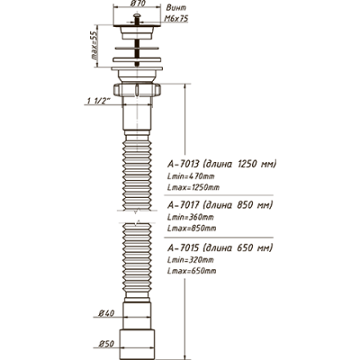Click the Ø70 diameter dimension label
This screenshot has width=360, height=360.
click(x=139, y=5)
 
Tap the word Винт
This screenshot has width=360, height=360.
click(x=176, y=8)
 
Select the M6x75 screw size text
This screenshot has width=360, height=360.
click(x=176, y=19)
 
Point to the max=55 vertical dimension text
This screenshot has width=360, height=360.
click(x=94, y=46)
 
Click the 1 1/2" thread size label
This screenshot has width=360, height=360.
click(x=98, y=102)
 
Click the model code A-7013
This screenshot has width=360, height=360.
click(x=183, y=164)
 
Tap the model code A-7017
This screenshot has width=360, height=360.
click(x=183, y=205)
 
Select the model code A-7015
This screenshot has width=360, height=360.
click(x=183, y=248)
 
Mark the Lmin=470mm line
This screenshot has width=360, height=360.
click(x=191, y=176)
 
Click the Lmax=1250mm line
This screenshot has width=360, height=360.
click(x=193, y=187)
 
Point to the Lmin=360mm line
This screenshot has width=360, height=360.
click(x=191, y=217)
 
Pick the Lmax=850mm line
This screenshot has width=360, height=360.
click(x=192, y=229)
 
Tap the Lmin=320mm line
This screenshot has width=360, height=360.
click(x=191, y=259)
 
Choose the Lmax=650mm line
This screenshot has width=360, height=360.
click(x=192, y=271)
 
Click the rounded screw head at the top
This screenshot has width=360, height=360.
click(x=137, y=15)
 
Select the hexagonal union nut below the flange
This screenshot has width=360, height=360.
click(x=137, y=90)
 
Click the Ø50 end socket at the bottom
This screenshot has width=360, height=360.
click(x=137, y=344)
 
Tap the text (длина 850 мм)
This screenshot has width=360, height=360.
click(x=238, y=205)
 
